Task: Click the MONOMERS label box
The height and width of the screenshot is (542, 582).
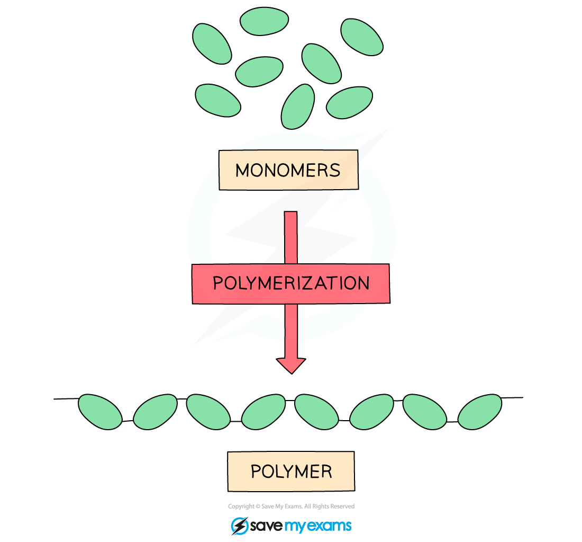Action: tap(288, 170)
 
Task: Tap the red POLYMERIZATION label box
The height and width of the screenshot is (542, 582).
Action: tap(290, 283)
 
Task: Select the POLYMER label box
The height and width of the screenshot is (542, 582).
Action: tap(291, 471)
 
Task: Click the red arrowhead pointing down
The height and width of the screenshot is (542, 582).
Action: tap(291, 365)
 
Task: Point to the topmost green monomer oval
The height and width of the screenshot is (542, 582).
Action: tap(264, 21)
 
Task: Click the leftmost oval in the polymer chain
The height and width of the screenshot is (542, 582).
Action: tap(100, 412)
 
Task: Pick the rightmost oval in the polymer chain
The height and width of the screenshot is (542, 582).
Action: tap(479, 412)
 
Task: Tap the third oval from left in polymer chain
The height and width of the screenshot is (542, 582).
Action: tap(208, 412)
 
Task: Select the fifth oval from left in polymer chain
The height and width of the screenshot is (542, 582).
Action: tap(316, 412)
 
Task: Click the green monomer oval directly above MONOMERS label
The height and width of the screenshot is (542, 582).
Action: tap(298, 106)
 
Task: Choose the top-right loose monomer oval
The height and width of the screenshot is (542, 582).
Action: tap(362, 37)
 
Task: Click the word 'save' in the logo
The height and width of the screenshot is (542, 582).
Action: tap(267, 526)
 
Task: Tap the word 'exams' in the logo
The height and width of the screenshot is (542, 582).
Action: tap(331, 526)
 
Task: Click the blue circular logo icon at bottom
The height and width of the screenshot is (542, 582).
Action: tap(240, 526)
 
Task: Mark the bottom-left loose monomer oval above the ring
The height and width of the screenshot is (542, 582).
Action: tap(218, 100)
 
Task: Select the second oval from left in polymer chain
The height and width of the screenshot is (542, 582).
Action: tap(155, 412)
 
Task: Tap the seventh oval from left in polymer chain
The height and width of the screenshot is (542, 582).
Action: tap(425, 412)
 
